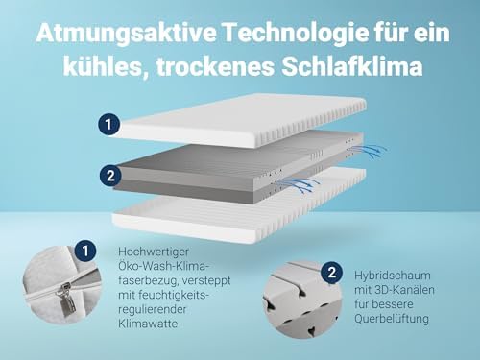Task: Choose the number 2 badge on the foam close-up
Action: [x=332, y=272]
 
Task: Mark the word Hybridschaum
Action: [x=394, y=275]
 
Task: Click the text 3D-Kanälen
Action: [x=400, y=290]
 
